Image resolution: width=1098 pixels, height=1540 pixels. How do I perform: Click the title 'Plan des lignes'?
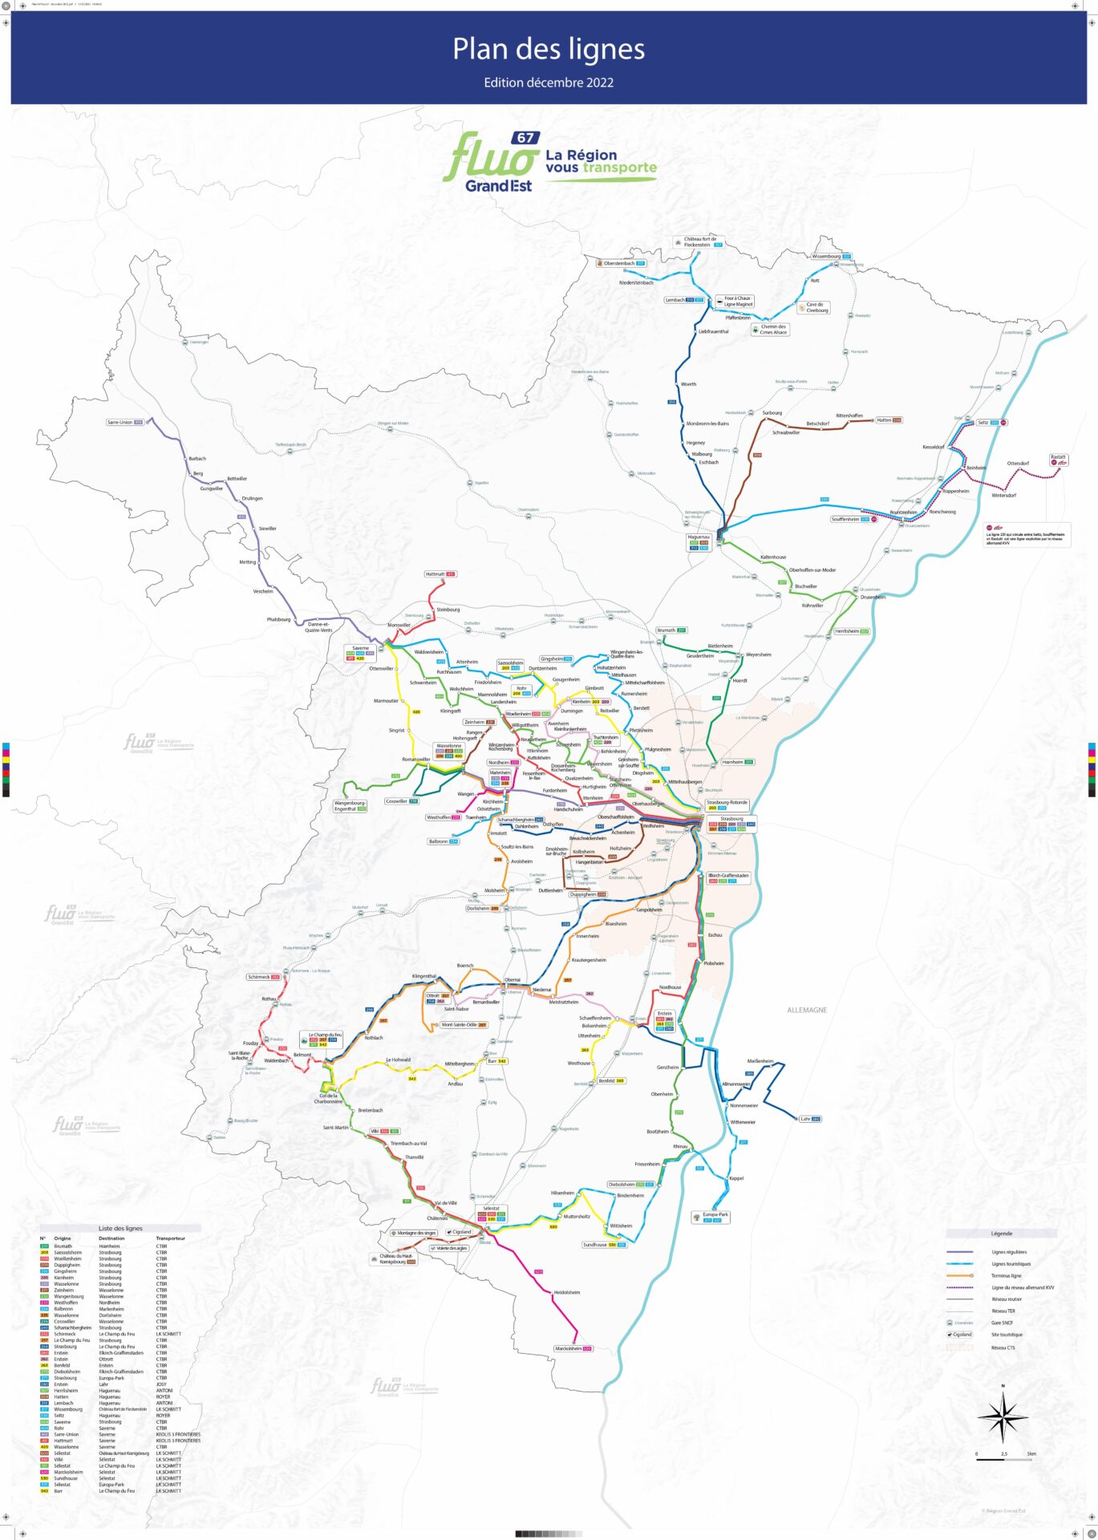(x=549, y=49)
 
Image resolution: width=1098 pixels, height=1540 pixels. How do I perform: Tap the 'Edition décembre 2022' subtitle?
(x=549, y=83)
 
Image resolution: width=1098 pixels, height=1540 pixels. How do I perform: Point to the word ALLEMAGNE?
(x=806, y=1010)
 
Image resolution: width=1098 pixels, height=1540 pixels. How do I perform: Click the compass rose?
(x=1003, y=1417)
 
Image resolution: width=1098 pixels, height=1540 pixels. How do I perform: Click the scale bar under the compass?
(x=1003, y=1459)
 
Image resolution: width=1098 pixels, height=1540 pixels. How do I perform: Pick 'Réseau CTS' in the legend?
(x=1003, y=1347)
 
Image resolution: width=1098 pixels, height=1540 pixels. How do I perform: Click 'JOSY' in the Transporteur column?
(x=161, y=1384)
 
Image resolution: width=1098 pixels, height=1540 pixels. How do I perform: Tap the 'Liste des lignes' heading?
(x=120, y=1228)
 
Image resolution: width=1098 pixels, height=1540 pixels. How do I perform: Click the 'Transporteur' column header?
(x=170, y=1238)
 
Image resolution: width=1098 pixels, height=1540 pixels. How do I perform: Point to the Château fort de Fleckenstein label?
(x=699, y=241)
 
